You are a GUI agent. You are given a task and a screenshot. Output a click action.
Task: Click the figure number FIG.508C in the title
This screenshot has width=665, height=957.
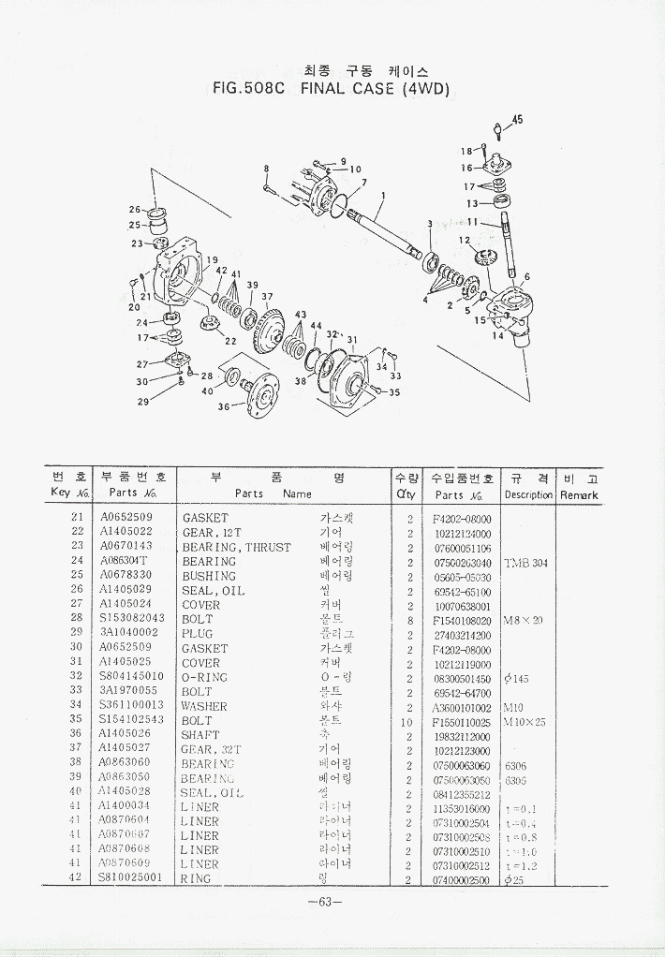[248, 90]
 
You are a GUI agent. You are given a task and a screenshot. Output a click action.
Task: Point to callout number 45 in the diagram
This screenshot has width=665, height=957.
[517, 119]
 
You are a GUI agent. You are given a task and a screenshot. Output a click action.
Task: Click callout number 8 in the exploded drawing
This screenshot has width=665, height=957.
[266, 169]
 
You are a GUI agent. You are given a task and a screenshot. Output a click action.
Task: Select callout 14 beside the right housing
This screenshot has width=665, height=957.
[498, 335]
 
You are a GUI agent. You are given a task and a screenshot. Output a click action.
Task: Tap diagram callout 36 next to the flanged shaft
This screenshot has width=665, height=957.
[224, 406]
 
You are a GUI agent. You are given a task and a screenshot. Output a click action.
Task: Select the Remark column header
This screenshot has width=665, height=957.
[579, 493]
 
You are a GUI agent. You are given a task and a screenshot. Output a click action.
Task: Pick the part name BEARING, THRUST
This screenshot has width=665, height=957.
[236, 547]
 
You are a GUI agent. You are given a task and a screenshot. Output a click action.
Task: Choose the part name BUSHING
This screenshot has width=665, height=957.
[209, 576]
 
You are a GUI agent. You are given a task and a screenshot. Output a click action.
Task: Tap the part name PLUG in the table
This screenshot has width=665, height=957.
[199, 634]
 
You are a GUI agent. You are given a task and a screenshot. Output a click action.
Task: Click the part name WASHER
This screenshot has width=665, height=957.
[204, 706]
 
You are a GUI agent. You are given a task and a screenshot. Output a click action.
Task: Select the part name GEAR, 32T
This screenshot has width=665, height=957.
[212, 749]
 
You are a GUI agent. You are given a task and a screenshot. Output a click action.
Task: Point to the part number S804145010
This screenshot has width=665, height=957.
[131, 677]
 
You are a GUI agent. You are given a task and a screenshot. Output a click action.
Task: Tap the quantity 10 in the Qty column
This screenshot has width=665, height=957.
[409, 720]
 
